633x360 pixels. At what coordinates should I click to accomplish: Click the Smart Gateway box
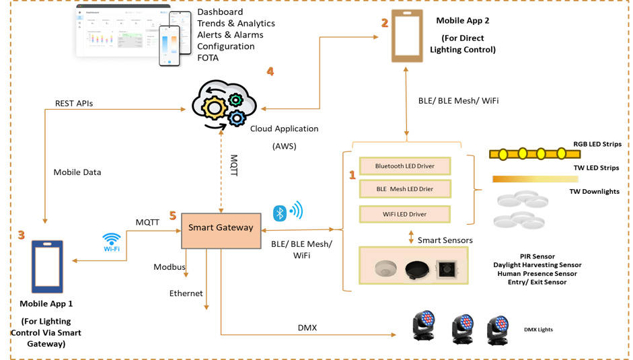[x=221, y=228]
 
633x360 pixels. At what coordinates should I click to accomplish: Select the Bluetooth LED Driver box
[x=404, y=166]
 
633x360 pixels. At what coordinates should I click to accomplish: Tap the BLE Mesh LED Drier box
[x=404, y=189]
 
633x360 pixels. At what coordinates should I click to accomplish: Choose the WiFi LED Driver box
[x=404, y=214]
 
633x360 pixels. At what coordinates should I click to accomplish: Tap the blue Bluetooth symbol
[x=280, y=213]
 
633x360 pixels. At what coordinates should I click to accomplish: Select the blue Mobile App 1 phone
[x=47, y=266]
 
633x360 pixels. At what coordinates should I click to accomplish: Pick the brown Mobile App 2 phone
[x=407, y=36]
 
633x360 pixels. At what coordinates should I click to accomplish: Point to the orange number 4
[x=270, y=71]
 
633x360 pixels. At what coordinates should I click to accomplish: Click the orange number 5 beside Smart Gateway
[x=173, y=216]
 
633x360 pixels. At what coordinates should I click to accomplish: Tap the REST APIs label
[x=74, y=104]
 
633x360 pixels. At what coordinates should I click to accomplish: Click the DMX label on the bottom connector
[x=307, y=328]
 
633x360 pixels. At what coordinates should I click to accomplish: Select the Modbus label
[x=170, y=267]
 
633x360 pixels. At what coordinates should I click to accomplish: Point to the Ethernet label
[x=186, y=293]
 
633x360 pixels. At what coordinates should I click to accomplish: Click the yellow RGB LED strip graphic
[x=534, y=154]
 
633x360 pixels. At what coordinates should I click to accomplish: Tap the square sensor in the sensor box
[x=446, y=269]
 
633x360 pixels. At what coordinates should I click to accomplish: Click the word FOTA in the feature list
[x=209, y=58]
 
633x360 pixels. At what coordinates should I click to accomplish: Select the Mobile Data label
[x=77, y=172]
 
